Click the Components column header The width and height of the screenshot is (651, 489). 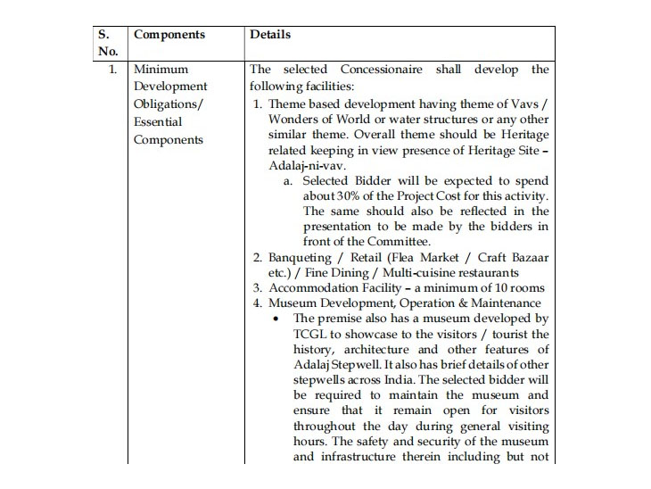click(x=169, y=35)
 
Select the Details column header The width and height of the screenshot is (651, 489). click(x=270, y=35)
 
